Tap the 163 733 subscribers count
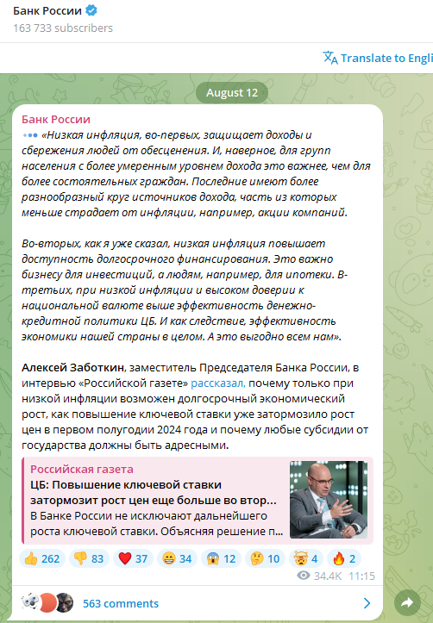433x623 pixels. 63,28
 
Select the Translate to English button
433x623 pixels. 378,58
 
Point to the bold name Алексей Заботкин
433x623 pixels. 73,368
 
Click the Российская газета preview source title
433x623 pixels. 82,469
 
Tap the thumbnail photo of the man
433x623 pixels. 329,499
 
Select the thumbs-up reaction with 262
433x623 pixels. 42,558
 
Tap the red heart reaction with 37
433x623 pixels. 133,558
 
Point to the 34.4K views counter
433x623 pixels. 322,575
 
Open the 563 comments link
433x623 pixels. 121,603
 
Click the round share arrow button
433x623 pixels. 405,602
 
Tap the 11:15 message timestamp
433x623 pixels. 362,575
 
